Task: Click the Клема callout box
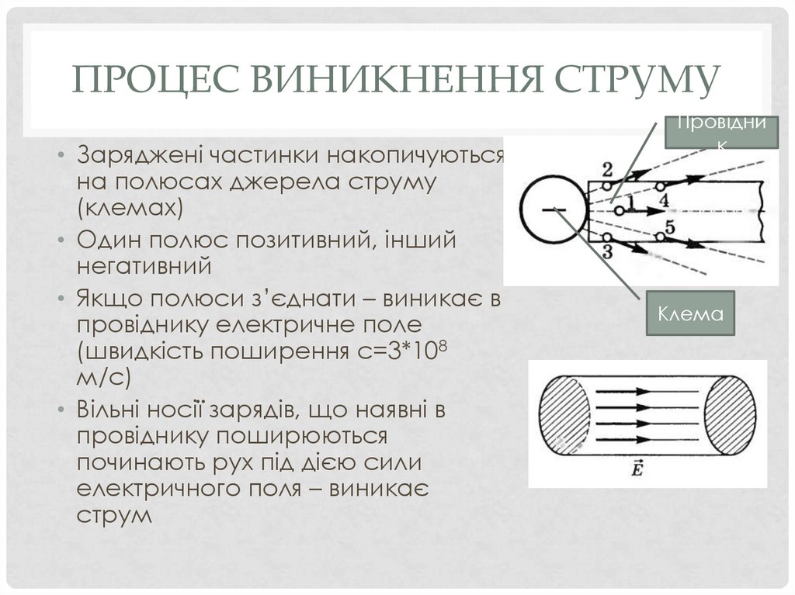pyautogui.click(x=691, y=313)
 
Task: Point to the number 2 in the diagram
pyautogui.click(x=607, y=169)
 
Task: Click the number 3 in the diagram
pyautogui.click(x=607, y=251)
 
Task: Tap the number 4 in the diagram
pyautogui.click(x=664, y=200)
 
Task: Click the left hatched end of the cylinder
pyautogui.click(x=566, y=416)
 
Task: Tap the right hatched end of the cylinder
pyautogui.click(x=731, y=415)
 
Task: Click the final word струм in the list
pyautogui.click(x=113, y=515)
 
